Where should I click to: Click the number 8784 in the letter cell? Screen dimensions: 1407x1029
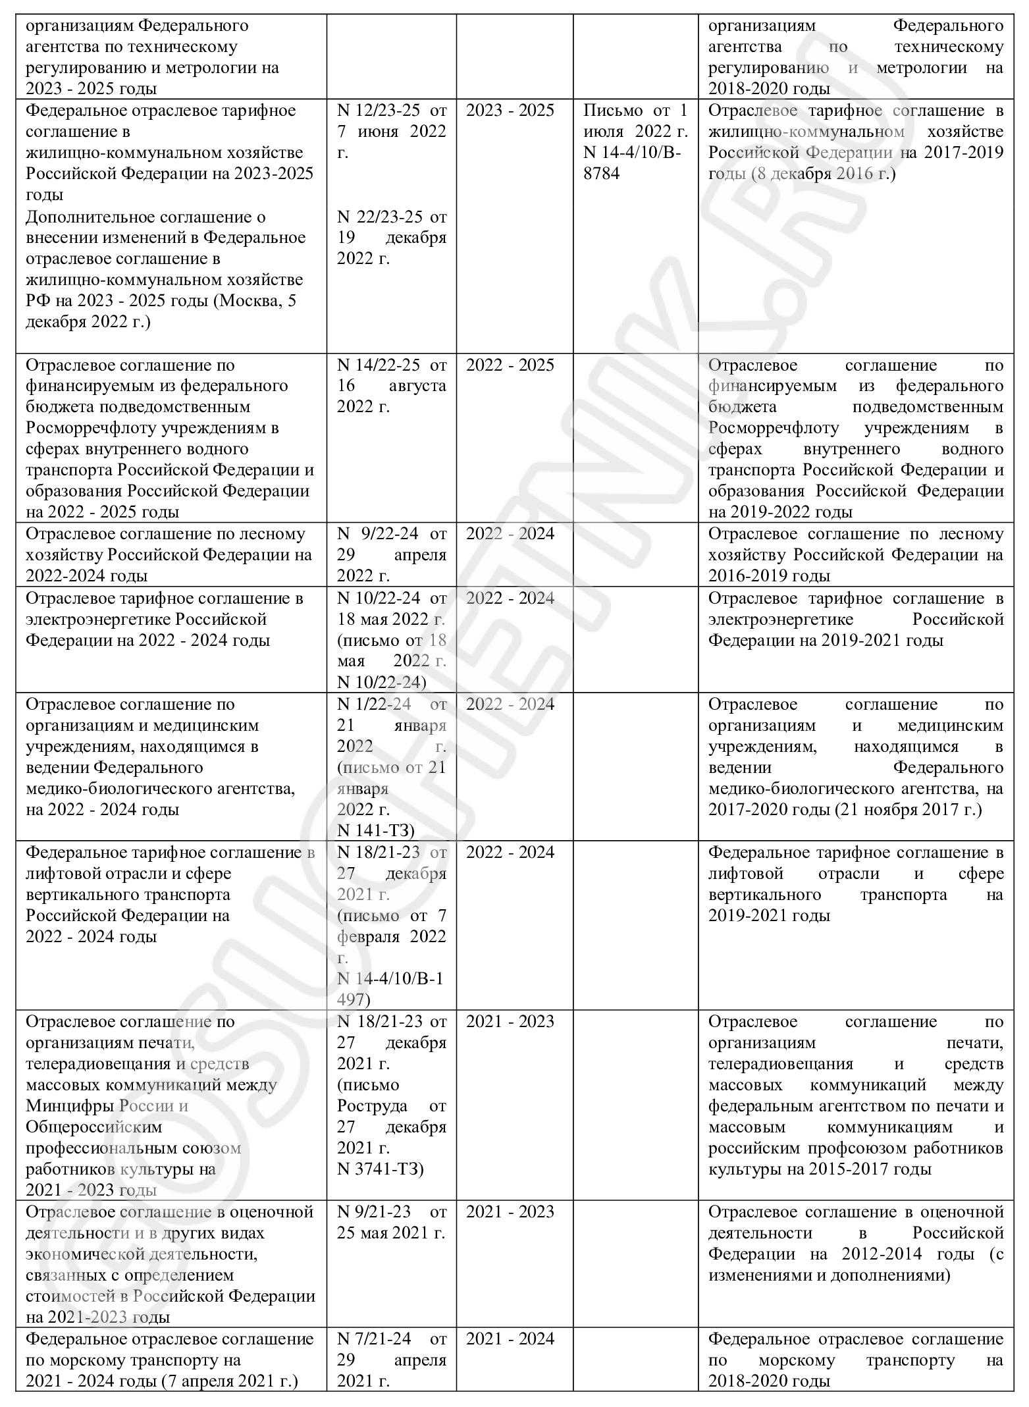coord(601,174)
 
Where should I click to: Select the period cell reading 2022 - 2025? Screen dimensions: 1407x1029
coord(510,365)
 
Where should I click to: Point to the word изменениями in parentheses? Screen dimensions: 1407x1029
coord(756,1275)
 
